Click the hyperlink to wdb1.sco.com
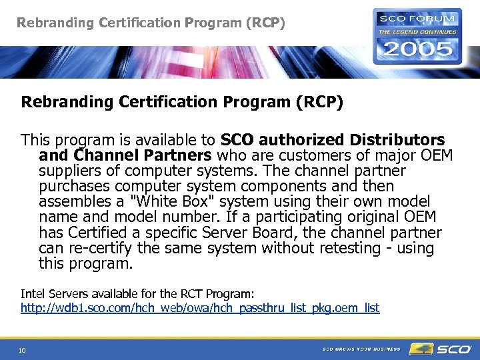coord(200,308)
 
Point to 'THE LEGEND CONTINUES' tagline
coord(418,31)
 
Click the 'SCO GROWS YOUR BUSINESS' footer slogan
coord(361,349)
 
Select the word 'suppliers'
coord(70,171)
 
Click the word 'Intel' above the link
coord(31,293)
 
